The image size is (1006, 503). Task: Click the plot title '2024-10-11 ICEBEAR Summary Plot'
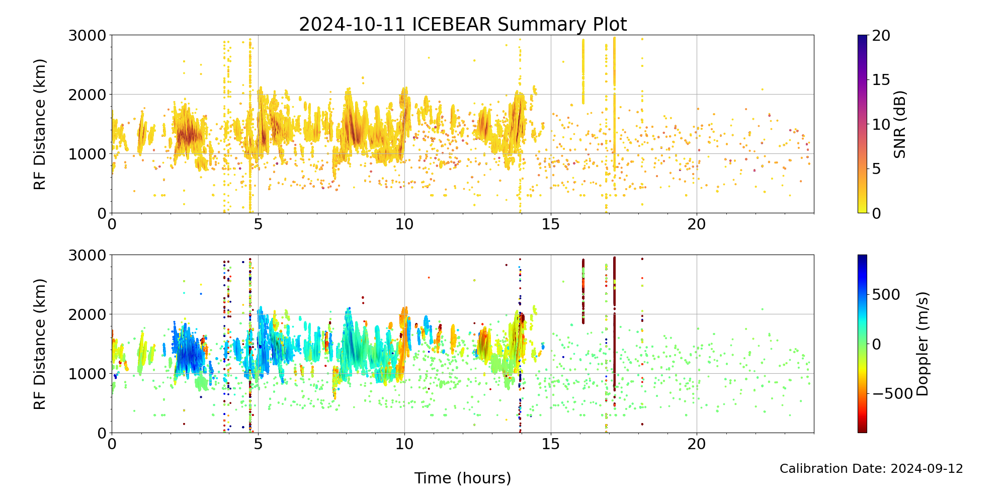(463, 25)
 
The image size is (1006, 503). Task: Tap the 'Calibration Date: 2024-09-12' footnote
(871, 469)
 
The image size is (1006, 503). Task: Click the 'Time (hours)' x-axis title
(463, 478)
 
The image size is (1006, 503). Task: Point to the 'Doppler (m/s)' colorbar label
(923, 344)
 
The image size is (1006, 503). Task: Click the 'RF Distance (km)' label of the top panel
(40, 124)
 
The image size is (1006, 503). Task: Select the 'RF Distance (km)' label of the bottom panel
(40, 344)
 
